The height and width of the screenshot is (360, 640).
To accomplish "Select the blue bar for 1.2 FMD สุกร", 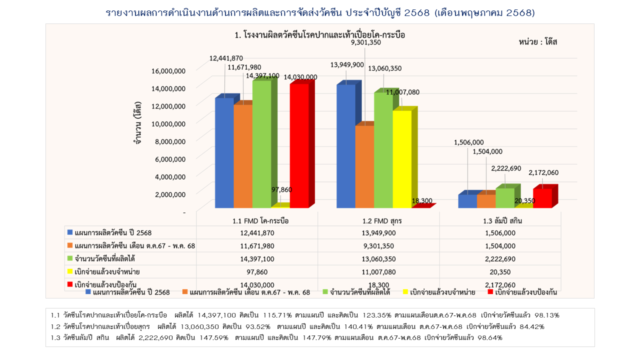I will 346,146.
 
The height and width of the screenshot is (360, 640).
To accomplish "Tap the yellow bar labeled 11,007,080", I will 402,159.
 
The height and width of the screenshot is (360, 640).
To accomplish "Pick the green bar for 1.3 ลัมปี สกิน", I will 505,198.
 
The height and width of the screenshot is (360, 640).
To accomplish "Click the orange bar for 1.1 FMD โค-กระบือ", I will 243,156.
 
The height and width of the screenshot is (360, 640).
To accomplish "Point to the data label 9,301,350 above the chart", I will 366,42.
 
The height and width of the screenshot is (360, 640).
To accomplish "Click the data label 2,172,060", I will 543,173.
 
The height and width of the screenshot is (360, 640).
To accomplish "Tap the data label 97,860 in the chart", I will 281,189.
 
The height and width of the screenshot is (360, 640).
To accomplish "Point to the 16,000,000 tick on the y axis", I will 168,71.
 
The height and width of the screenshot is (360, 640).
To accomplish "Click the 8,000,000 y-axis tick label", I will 168,141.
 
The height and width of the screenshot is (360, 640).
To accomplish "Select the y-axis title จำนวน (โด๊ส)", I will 136,123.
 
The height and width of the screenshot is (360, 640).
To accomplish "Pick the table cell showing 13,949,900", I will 378,233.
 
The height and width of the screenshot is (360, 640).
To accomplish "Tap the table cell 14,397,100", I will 257,259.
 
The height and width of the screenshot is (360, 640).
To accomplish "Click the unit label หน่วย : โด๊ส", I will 538,42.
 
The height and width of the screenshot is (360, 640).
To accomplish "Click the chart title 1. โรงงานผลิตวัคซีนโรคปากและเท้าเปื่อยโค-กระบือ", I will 319,35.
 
